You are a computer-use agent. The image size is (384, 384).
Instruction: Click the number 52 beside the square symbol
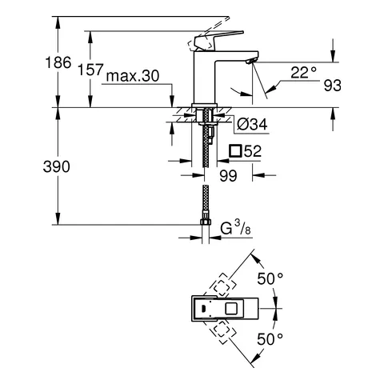254,150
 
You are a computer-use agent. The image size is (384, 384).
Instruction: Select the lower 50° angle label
270,338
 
